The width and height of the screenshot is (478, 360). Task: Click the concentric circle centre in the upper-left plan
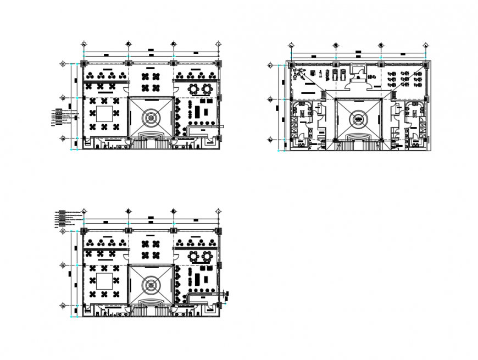[151, 117]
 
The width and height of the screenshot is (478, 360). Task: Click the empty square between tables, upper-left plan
[105, 114]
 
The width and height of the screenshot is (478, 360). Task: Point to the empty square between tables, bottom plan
[105, 281]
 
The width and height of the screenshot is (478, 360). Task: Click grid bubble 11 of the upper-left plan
[63, 64]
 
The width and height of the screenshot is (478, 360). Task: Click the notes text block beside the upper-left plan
[64, 117]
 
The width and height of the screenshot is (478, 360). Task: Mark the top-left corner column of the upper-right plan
[290, 65]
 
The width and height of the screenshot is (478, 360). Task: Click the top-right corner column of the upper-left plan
[218, 64]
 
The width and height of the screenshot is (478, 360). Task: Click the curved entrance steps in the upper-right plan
[358, 135]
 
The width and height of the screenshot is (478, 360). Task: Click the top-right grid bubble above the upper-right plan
[425, 45]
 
